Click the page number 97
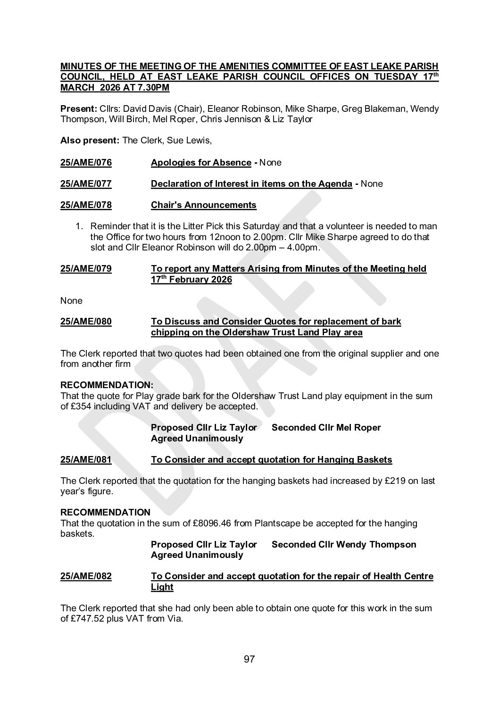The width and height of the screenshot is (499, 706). click(249, 659)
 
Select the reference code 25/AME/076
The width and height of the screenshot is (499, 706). click(86, 163)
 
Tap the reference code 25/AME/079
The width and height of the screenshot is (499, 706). click(86, 269)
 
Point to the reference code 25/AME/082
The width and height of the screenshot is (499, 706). click(86, 576)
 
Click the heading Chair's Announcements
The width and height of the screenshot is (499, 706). click(204, 205)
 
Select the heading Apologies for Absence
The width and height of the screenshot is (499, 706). click(201, 163)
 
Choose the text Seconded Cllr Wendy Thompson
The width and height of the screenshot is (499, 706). click(344, 545)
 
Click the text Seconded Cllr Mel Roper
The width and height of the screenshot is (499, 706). click(326, 428)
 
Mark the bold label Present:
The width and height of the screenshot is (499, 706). click(79, 109)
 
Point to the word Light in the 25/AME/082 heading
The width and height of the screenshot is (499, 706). click(162, 587)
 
